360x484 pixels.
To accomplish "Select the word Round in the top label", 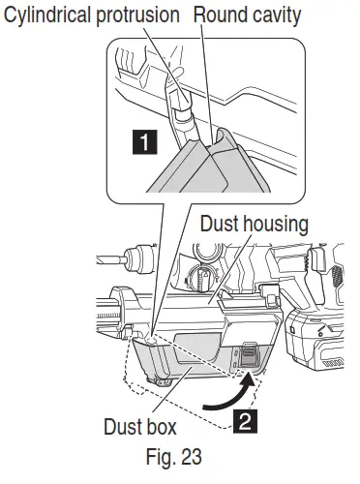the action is pos(220,15).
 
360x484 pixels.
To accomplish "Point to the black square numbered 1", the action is pos(144,144).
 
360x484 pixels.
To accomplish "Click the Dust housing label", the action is pos(253,225).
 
